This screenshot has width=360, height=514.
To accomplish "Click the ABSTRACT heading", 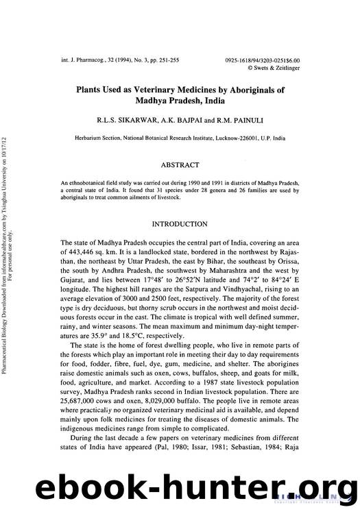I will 180,165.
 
